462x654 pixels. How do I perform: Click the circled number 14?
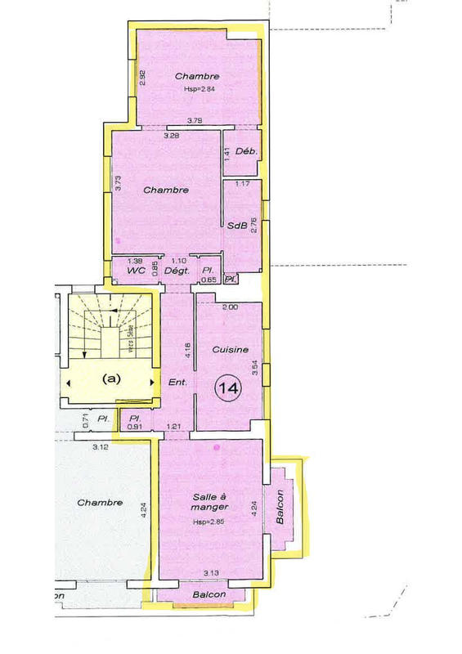227,388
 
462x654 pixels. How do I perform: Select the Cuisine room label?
230,349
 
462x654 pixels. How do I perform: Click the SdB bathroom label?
237,228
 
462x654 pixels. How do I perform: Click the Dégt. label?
177,270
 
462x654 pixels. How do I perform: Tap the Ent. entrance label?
177,382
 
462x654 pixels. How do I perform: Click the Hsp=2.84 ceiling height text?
197,89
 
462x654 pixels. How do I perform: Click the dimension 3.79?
195,121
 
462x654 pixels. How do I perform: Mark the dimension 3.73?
119,184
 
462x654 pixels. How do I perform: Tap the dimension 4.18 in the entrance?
187,350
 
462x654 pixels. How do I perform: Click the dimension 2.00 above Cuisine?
230,307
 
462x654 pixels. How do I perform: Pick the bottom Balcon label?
210,594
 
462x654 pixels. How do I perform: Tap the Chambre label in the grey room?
100,503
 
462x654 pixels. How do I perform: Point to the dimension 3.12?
101,447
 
